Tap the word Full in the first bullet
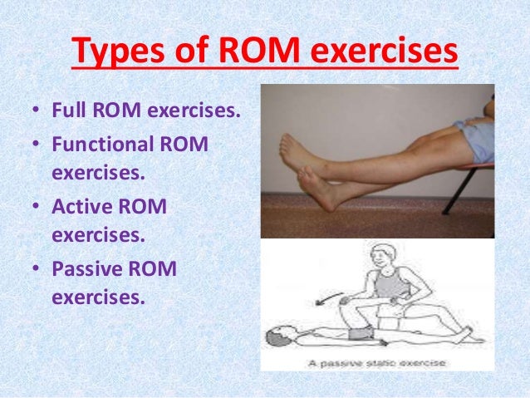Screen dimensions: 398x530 click(70, 111)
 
